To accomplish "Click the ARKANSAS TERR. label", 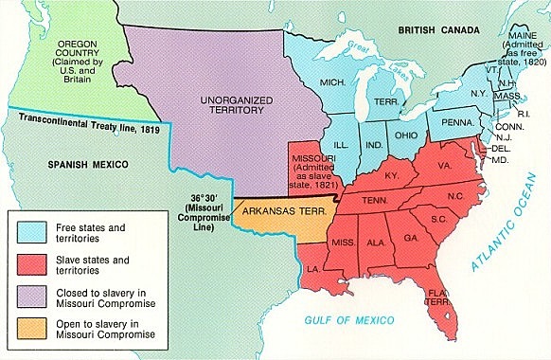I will pyautogui.click(x=283, y=212).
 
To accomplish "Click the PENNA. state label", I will pyautogui.click(x=450, y=122).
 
